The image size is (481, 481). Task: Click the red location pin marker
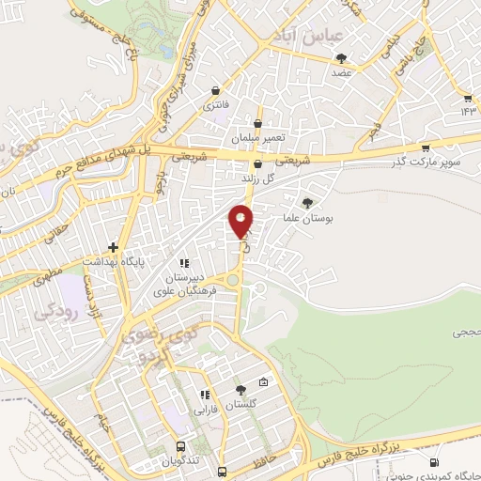tap(241, 221)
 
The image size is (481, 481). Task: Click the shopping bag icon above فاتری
tap(217, 91)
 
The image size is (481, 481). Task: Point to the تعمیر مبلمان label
tap(260, 138)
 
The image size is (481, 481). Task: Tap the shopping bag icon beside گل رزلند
tap(259, 164)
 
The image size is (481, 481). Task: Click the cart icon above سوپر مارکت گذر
tap(426, 147)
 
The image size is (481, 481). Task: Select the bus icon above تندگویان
tap(180, 447)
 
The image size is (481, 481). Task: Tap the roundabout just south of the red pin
tap(233, 278)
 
